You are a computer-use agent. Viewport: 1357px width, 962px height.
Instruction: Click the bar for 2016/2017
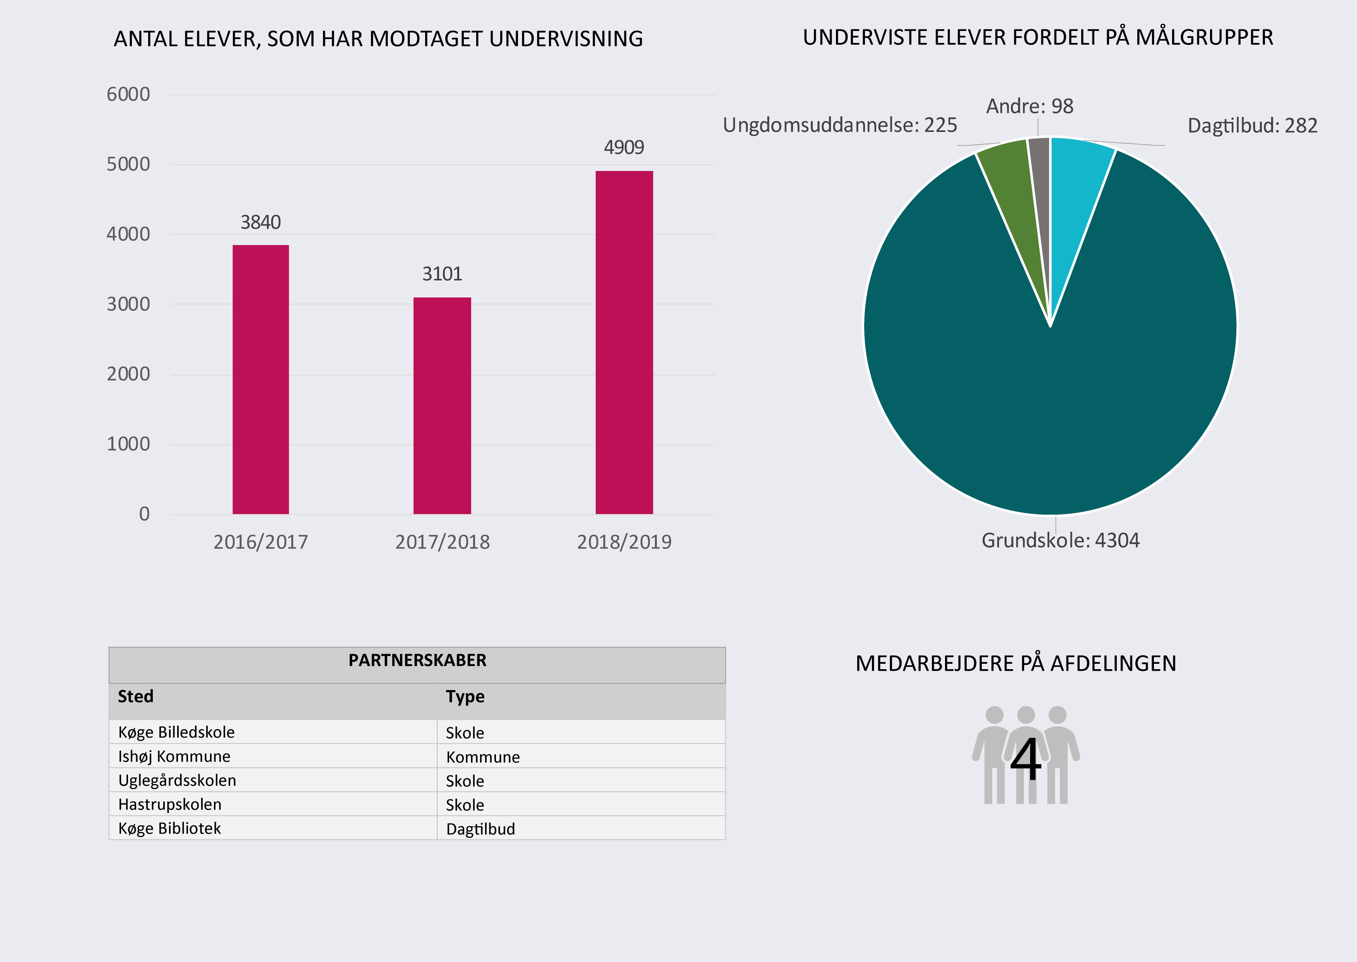tap(261, 379)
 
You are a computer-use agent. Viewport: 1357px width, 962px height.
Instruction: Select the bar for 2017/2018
tap(442, 406)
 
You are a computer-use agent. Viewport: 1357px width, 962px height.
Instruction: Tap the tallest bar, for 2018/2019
tap(624, 342)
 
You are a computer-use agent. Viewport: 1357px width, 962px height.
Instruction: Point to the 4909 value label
tap(624, 147)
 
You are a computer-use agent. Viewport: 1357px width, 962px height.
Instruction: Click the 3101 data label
tap(442, 274)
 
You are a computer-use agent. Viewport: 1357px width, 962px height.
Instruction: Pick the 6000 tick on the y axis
tap(128, 94)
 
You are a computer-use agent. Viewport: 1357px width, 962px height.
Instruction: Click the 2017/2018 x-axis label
tap(442, 542)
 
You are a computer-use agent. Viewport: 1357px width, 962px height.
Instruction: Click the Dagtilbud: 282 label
tap(1252, 126)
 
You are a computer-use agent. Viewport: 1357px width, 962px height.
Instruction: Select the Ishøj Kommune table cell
tap(174, 757)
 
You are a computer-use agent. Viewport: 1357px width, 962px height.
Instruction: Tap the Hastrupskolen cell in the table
tap(170, 805)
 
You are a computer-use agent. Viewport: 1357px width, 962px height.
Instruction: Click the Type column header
tap(465, 697)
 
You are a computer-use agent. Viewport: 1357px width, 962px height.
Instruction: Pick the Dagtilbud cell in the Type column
tap(480, 829)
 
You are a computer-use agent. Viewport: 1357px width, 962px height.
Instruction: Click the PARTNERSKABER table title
tap(417, 661)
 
